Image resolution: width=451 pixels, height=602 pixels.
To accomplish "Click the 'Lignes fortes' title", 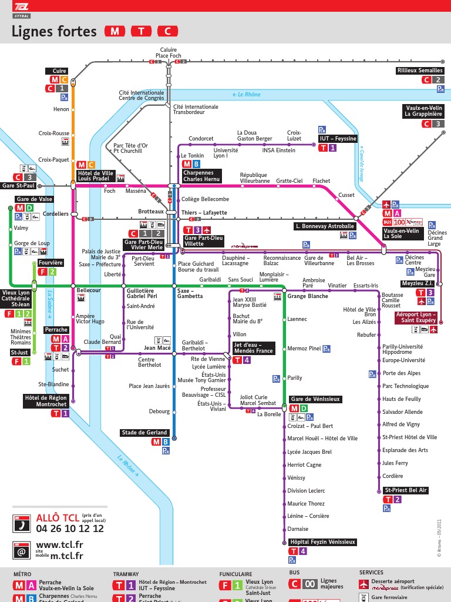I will pyautogui.click(x=54, y=32).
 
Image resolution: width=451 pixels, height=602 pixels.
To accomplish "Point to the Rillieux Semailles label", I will pyautogui.click(x=420, y=71).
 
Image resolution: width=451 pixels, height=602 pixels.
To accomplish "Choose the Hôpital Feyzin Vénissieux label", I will pyautogui.click(x=322, y=542).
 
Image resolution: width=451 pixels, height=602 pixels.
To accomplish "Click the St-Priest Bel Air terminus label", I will pyautogui.click(x=405, y=490).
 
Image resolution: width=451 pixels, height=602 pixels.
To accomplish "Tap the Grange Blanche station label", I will pyautogui.click(x=308, y=296).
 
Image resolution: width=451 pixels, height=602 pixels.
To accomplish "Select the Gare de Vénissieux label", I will pyautogui.click(x=315, y=399).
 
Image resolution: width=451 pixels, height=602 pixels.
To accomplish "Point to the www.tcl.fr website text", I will pyautogui.click(x=59, y=545).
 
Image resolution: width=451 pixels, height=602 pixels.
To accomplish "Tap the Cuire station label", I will pyautogui.click(x=59, y=71).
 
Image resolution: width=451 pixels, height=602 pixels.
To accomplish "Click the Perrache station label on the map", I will pyautogui.click(x=57, y=330).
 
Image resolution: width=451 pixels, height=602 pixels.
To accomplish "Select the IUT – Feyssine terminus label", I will pyautogui.click(x=338, y=139).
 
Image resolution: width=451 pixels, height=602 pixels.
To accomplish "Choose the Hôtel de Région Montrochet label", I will pyautogui.click(x=46, y=402).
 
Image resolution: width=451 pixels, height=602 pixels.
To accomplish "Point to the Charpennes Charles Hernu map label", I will pyautogui.click(x=201, y=176).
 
